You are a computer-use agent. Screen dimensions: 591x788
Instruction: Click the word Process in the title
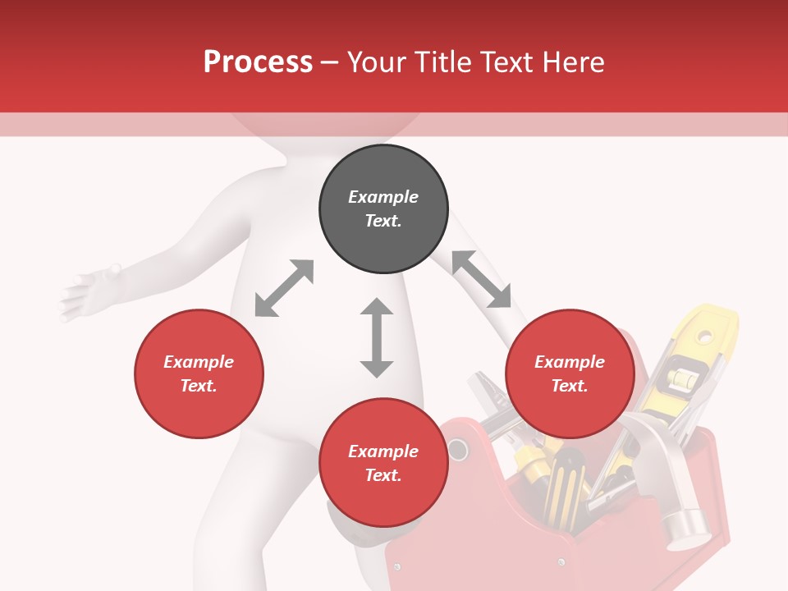point(258,62)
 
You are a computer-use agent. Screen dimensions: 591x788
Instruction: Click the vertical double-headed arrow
point(377,337)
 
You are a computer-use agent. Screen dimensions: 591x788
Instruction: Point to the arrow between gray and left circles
point(284,288)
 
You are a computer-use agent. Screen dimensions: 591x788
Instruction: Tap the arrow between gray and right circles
point(481,279)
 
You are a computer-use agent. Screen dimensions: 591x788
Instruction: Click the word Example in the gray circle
point(383,197)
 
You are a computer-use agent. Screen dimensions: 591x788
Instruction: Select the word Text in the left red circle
point(199,386)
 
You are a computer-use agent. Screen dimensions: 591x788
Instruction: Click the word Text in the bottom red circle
point(383,475)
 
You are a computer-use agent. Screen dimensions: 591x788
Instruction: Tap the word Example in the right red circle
point(570,362)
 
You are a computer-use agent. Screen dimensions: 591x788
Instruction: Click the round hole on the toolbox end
point(457,450)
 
